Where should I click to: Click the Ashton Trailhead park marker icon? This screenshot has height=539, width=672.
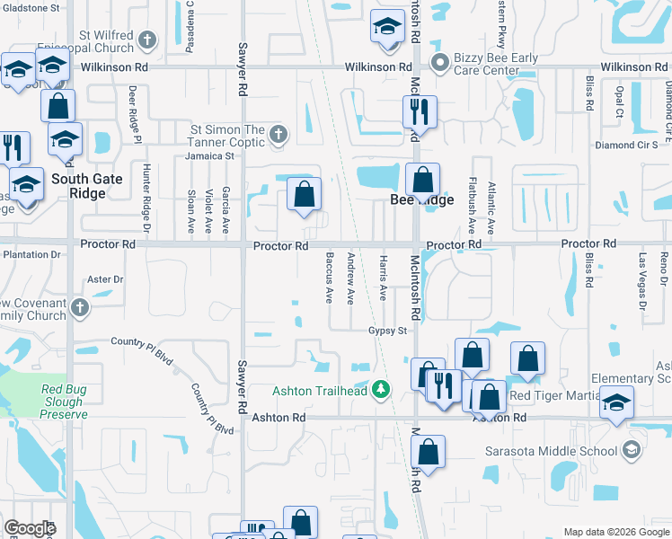383,390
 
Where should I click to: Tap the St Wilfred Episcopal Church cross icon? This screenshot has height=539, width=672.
146,40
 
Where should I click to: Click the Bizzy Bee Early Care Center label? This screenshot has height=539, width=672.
496,66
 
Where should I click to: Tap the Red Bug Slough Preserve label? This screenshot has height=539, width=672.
64,402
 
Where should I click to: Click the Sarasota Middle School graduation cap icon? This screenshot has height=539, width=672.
632,450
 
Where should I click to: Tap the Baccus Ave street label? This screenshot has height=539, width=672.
329,279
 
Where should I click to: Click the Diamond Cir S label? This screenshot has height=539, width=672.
626,145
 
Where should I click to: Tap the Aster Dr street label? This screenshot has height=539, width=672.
105,279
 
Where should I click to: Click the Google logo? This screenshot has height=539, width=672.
30,529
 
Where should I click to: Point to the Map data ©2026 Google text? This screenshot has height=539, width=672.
615,533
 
